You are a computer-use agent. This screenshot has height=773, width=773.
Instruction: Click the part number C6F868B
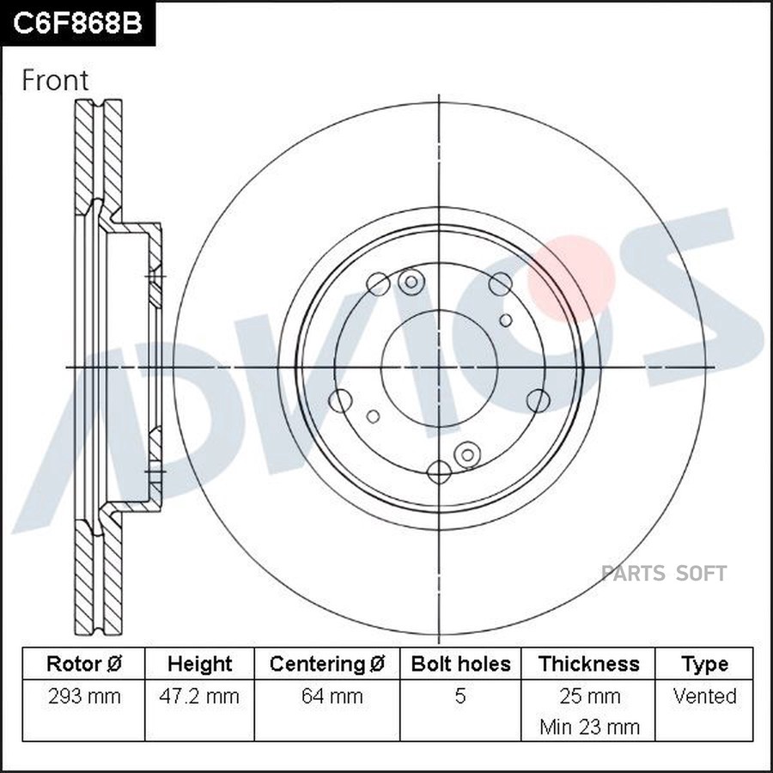tap(76, 23)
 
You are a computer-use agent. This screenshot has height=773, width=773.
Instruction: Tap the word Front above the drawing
tap(55, 81)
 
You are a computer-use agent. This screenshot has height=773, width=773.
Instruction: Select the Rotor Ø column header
tap(83, 664)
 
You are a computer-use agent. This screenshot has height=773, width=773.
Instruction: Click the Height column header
tap(200, 664)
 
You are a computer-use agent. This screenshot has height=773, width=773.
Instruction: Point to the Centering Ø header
tap(327, 664)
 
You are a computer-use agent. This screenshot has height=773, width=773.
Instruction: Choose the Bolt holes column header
tap(460, 664)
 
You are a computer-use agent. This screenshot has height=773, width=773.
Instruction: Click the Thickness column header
tap(589, 664)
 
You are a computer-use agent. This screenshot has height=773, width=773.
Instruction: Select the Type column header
tap(704, 664)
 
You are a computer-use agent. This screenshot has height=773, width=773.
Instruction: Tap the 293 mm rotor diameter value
tap(83, 696)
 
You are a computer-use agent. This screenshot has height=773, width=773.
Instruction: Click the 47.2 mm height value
tap(200, 696)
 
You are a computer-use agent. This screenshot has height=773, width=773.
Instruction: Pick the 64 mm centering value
tap(327, 696)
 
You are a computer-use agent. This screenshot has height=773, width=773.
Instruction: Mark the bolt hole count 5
tap(460, 696)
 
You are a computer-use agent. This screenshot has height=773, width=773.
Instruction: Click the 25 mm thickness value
tap(589, 696)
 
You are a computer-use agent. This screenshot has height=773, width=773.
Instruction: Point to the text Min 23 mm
tap(589, 727)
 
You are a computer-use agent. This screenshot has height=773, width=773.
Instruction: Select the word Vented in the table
tap(704, 696)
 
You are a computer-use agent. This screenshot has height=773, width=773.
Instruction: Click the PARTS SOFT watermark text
tap(664, 574)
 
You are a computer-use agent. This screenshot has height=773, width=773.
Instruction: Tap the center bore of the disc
tap(439, 367)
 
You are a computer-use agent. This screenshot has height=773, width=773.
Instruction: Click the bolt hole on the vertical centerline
tap(439, 471)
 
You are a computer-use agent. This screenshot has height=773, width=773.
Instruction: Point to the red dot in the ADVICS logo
tap(570, 277)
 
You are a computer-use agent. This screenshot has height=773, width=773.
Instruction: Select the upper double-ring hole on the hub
tap(411, 281)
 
